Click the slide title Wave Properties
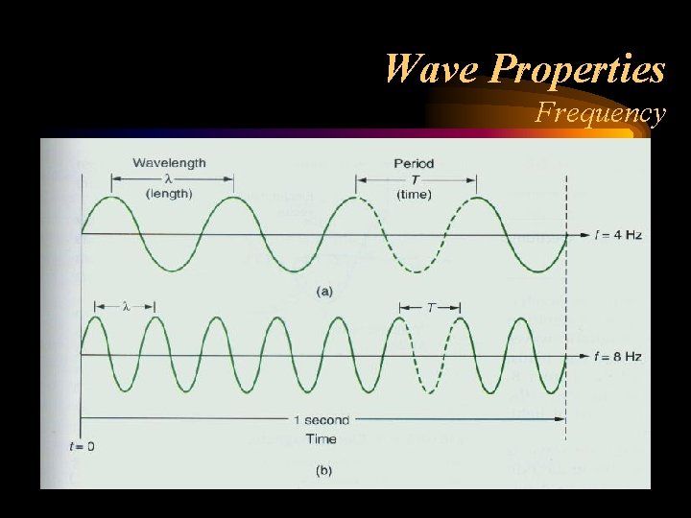[x=524, y=69]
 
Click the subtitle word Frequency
[x=600, y=113]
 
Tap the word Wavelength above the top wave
[x=169, y=163]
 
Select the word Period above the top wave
[x=414, y=163]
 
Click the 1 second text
[x=322, y=420]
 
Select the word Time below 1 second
[x=322, y=438]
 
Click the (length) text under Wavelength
[x=169, y=193]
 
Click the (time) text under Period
[x=414, y=193]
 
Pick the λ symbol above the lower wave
[x=125, y=307]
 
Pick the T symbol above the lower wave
[x=430, y=307]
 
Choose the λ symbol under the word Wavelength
[x=169, y=178]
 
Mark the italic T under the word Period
[x=414, y=178]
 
